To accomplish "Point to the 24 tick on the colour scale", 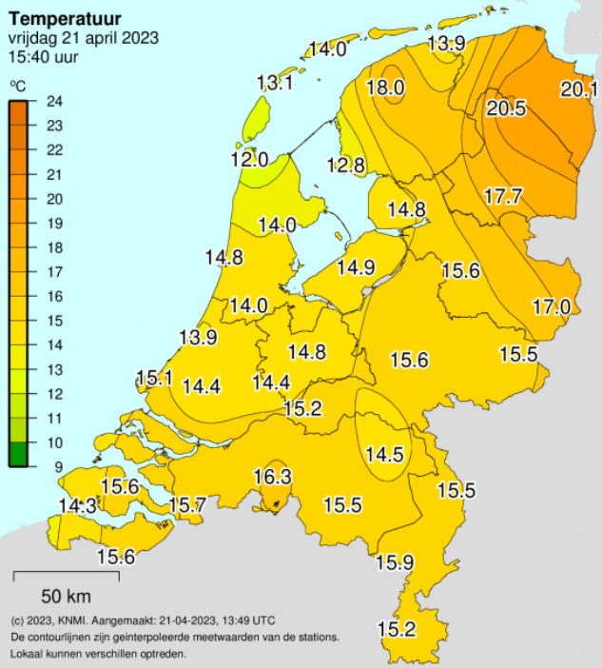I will click(55, 102).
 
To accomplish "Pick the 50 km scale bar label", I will click(65, 598).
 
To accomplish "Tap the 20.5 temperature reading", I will click(506, 108).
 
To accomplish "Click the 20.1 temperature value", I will click(578, 90).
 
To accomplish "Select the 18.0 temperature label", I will click(386, 88).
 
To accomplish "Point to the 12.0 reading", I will click(249, 159).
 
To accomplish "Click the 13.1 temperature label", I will click(275, 84).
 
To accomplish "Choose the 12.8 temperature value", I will click(346, 166).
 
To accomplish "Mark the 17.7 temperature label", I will click(503, 197).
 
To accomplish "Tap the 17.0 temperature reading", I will click(551, 306).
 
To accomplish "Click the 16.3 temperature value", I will click(273, 476).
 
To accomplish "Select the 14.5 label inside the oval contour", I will click(385, 454).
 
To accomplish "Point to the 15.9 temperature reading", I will click(395, 562).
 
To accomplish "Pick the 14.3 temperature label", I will click(77, 506).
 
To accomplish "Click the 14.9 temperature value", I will click(355, 267).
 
